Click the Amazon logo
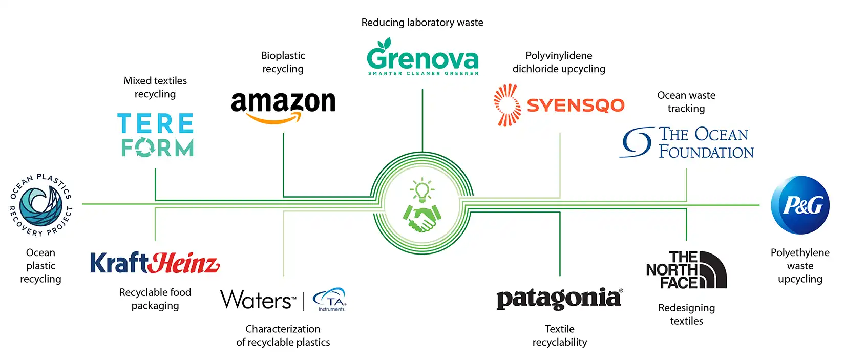coord(283,107)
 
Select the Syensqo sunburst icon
coord(507,105)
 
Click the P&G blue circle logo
coord(800,205)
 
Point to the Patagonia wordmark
coord(559,299)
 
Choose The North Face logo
coord(686,269)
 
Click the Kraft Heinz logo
coord(155,263)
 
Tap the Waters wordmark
coord(258,300)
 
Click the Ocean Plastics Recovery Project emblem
coord(41,205)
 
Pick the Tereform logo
coord(156,135)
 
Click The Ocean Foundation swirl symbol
coord(637,142)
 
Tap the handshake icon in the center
coord(422,217)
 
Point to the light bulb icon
coord(422,190)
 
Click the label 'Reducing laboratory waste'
coord(422,23)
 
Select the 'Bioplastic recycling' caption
coord(283,62)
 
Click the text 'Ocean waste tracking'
coord(686,101)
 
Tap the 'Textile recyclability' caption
coord(559,335)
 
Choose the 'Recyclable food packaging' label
coord(155,299)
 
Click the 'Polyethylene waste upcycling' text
coord(800,266)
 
